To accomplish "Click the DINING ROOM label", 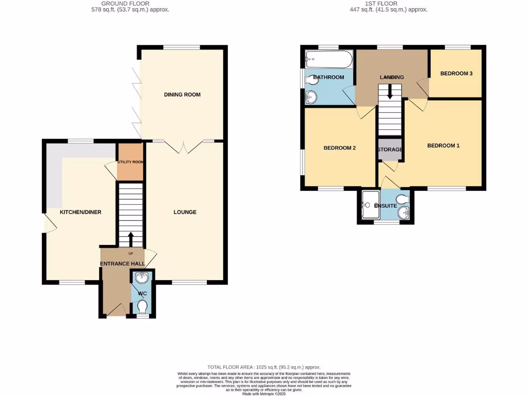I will point(182,94).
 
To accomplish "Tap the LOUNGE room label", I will point(185,212).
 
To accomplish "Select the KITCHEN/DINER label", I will point(80,212).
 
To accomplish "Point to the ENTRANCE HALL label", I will point(122,264).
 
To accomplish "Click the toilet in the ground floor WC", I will point(143,307).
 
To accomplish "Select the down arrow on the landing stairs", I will point(390,92).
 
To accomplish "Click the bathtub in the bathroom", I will point(328,60).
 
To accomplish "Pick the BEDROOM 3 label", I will point(456,74).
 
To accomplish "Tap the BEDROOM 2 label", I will point(340,148).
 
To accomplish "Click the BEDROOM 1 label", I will point(443,145).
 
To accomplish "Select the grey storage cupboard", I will point(390,150).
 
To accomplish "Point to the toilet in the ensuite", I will point(402,200).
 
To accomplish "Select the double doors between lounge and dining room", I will point(185,146).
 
